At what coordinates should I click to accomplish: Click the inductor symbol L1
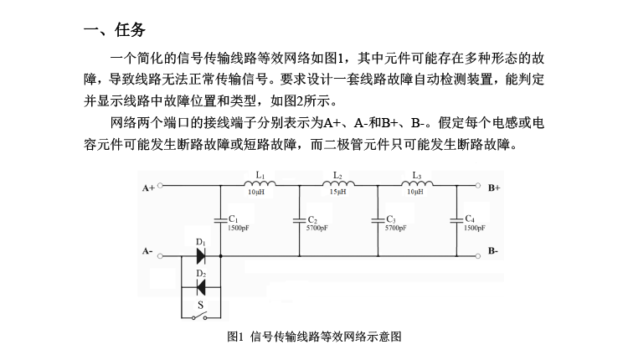click(x=260, y=184)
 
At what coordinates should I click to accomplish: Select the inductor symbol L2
click(x=338, y=184)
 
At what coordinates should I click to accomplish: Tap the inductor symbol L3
click(x=417, y=184)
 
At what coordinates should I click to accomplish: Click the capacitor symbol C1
click(x=220, y=220)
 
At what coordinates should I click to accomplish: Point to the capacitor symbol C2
click(x=299, y=220)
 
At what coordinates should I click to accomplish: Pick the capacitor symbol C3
click(x=378, y=220)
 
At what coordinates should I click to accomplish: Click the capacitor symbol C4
click(x=456, y=220)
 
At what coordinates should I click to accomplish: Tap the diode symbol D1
click(x=201, y=256)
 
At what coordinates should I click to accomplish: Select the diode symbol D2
click(x=201, y=287)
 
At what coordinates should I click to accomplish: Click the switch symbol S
click(x=199, y=316)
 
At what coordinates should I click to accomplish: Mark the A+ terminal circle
click(x=160, y=185)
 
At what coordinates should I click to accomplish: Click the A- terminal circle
click(x=160, y=256)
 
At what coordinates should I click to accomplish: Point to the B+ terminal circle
click(x=478, y=185)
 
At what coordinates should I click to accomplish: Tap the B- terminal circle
click(x=478, y=256)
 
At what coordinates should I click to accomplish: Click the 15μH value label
click(x=338, y=193)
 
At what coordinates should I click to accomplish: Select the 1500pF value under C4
click(x=475, y=229)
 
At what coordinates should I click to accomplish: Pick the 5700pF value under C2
click(x=317, y=229)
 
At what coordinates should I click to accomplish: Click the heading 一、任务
click(x=115, y=29)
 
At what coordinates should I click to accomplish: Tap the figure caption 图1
click(x=235, y=337)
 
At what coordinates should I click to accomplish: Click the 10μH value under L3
click(x=415, y=193)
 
